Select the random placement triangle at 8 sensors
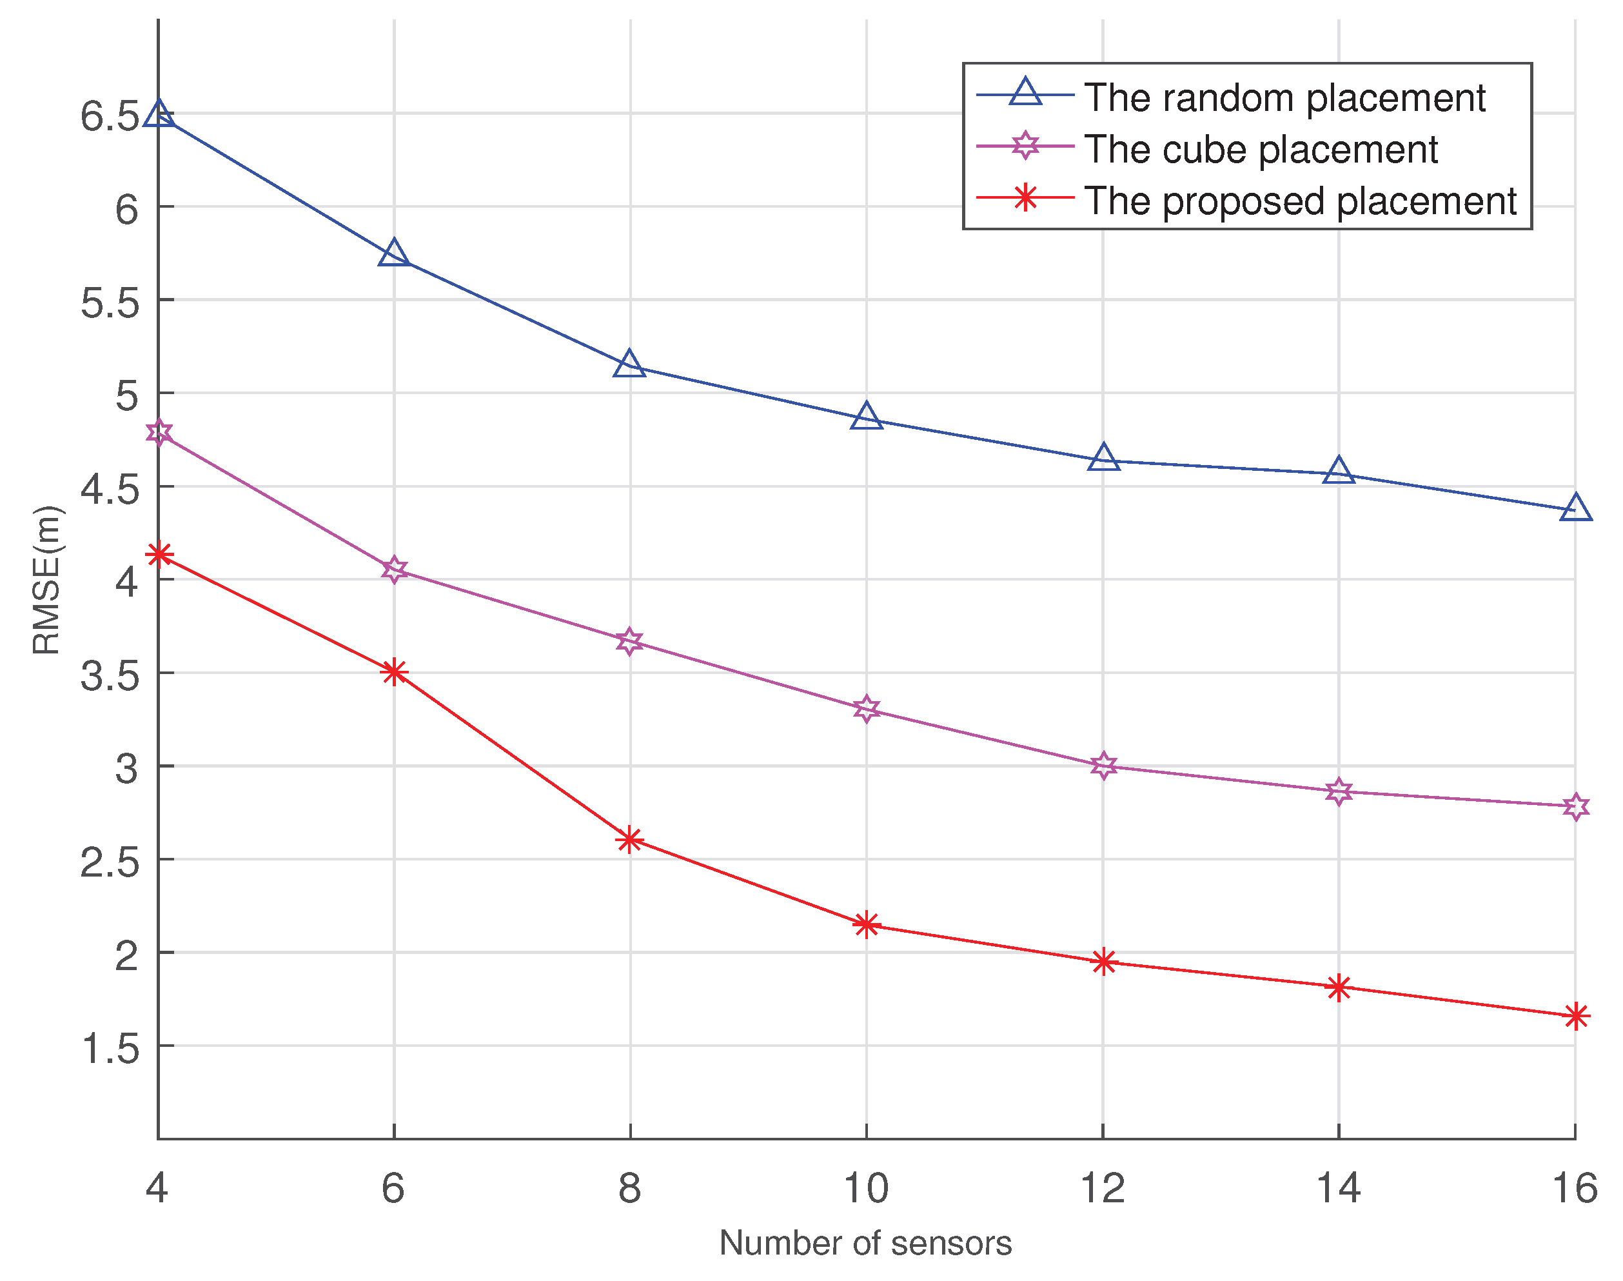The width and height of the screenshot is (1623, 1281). (x=630, y=365)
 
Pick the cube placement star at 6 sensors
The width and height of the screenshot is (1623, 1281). (x=395, y=570)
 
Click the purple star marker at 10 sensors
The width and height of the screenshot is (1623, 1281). (x=867, y=709)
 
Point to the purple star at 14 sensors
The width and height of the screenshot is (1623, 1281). (x=1339, y=791)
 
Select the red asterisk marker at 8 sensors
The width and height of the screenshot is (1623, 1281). (x=630, y=839)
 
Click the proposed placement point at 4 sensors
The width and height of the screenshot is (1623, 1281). (x=158, y=555)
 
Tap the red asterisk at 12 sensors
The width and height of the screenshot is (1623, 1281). (x=1103, y=962)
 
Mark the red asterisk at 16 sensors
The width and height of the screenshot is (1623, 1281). (x=1575, y=1017)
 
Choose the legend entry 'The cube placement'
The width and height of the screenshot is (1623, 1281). (x=1260, y=149)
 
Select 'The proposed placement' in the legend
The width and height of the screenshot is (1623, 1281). (x=1300, y=201)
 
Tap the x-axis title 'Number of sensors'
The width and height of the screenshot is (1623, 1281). (x=865, y=1244)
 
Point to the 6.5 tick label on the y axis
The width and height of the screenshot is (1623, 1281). (x=110, y=116)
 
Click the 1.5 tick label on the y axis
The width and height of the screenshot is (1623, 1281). (x=110, y=1048)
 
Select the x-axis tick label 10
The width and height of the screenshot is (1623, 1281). (x=866, y=1189)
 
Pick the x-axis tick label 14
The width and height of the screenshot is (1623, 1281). (x=1338, y=1189)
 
